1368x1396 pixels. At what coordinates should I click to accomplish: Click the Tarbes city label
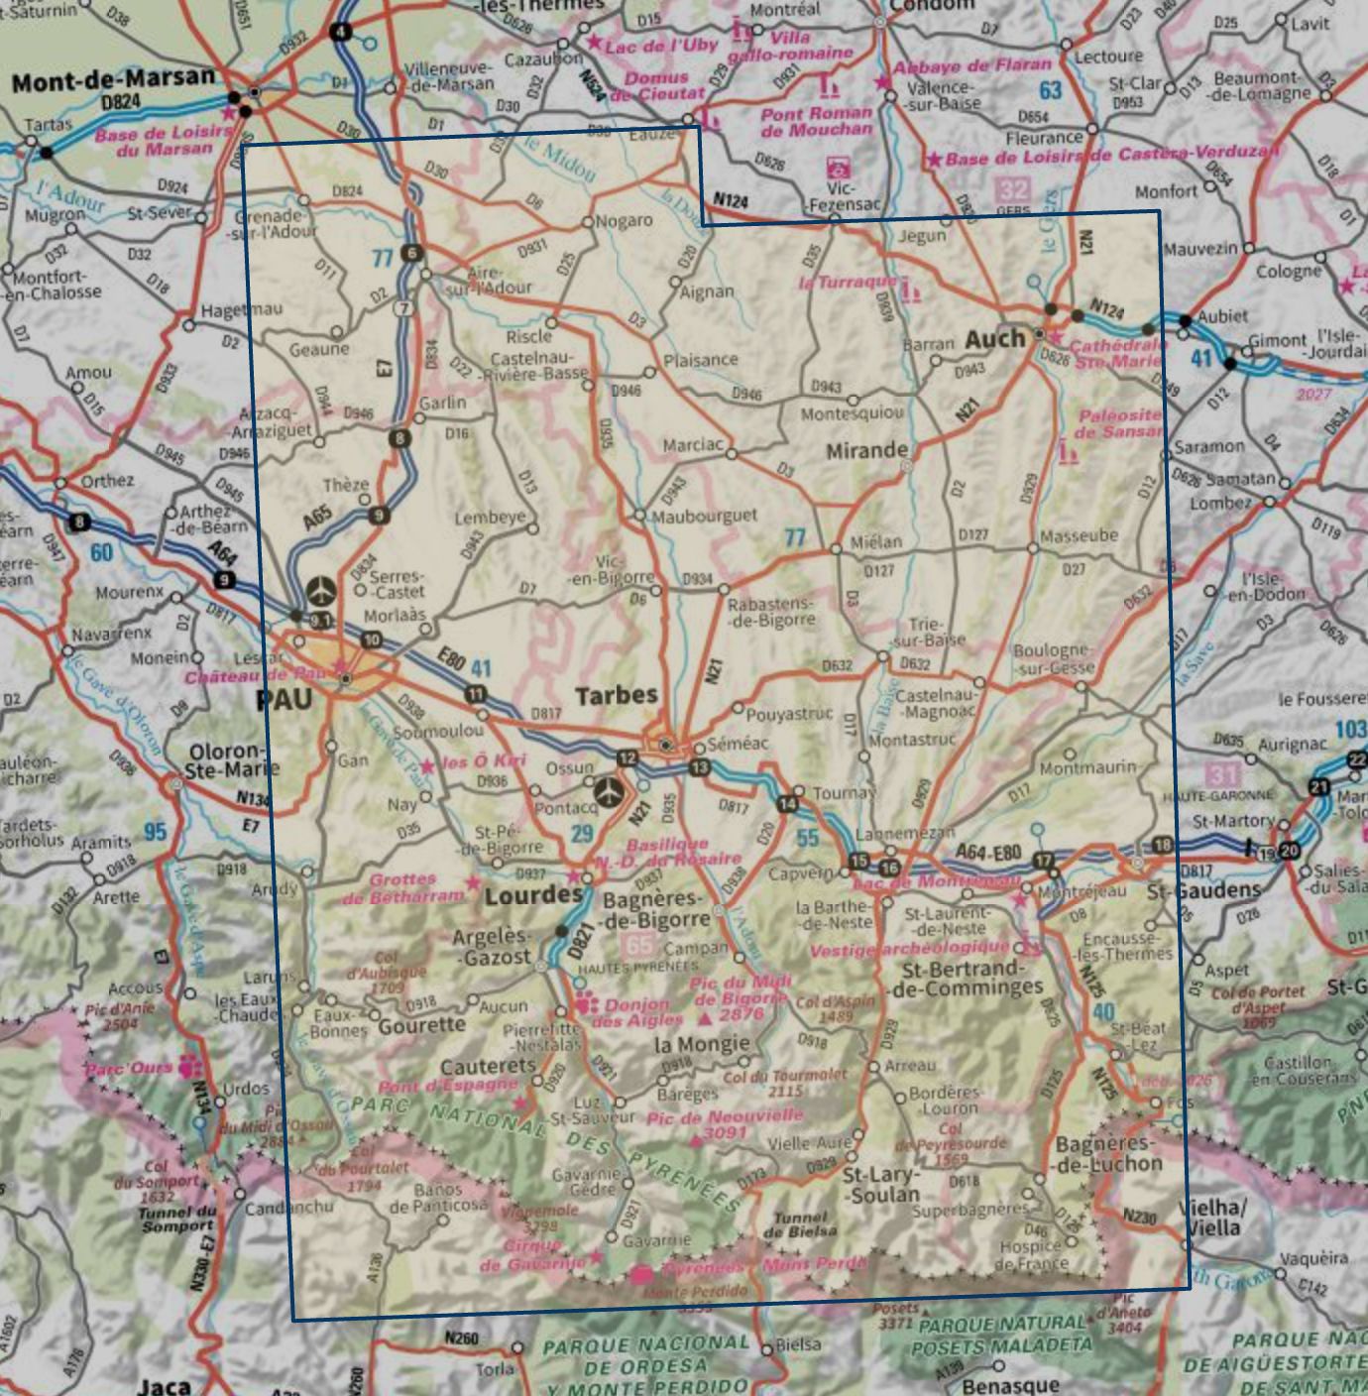(x=617, y=695)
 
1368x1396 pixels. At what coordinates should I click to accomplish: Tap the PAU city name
(x=284, y=700)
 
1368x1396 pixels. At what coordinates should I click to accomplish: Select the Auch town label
(x=994, y=339)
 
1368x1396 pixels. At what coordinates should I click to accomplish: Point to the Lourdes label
(x=533, y=895)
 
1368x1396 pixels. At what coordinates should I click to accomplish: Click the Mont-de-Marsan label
(x=113, y=78)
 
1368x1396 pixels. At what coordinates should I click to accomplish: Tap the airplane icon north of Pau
(x=321, y=591)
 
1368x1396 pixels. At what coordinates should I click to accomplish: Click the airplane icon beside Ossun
(x=610, y=792)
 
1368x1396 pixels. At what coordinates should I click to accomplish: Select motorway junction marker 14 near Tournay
(x=788, y=803)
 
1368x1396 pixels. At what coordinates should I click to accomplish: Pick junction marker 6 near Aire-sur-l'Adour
(x=412, y=254)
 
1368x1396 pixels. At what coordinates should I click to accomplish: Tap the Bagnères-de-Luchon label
(x=1108, y=1154)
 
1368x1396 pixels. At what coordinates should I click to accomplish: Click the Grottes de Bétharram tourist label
(x=403, y=888)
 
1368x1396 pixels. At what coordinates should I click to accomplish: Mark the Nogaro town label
(x=625, y=220)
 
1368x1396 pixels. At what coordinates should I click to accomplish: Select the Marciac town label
(x=693, y=445)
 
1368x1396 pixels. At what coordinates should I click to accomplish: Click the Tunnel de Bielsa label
(x=800, y=1224)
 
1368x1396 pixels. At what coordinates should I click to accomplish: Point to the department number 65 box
(x=640, y=946)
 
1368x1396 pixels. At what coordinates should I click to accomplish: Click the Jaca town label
(x=164, y=1385)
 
